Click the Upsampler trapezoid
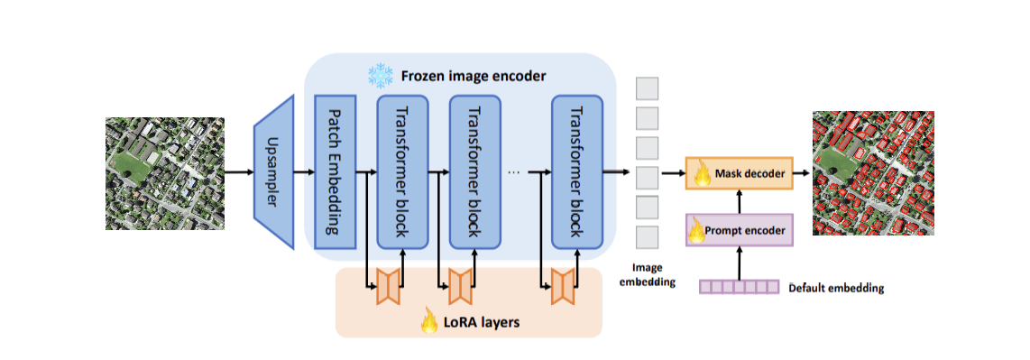(x=274, y=171)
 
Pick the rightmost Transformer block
(x=576, y=171)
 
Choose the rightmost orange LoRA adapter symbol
(x=563, y=286)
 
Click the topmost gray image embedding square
(x=647, y=88)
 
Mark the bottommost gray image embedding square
(x=647, y=237)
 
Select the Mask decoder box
(x=739, y=172)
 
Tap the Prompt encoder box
(x=739, y=230)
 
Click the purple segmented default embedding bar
(x=739, y=287)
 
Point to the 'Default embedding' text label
(x=836, y=289)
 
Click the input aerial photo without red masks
(x=164, y=171)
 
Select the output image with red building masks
(x=873, y=173)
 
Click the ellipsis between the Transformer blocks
(x=514, y=171)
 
